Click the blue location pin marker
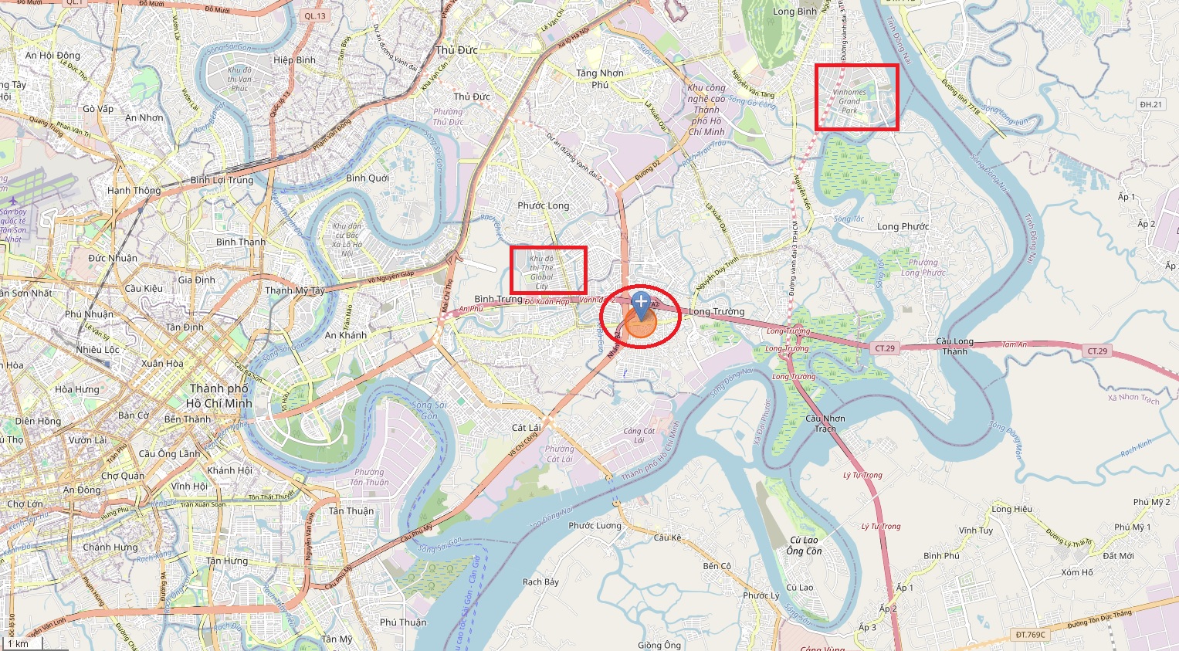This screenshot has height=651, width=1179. (x=640, y=303)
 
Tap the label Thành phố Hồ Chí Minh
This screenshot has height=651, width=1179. (x=219, y=395)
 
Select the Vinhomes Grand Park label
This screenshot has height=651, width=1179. (x=849, y=101)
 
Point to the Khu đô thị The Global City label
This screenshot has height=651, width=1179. (x=541, y=272)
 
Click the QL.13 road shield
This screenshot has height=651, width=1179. (x=315, y=15)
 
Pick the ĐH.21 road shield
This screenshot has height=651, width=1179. (x=1150, y=104)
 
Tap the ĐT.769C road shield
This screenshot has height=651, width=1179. (x=1030, y=634)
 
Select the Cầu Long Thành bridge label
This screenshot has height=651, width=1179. (x=954, y=346)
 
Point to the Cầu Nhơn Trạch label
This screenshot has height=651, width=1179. (x=825, y=423)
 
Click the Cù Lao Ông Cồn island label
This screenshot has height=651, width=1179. (x=805, y=545)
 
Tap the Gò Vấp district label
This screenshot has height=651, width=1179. (x=98, y=109)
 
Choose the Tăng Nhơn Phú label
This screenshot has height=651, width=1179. (x=599, y=78)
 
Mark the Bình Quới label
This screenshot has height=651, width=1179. (x=368, y=178)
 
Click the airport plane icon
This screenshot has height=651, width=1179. (x=12, y=202)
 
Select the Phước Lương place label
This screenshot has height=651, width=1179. (x=595, y=525)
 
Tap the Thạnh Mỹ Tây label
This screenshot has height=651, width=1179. (x=295, y=290)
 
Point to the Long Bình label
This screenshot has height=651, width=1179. (x=794, y=12)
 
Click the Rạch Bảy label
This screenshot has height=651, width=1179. (x=540, y=581)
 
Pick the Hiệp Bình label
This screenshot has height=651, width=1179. (x=294, y=59)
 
